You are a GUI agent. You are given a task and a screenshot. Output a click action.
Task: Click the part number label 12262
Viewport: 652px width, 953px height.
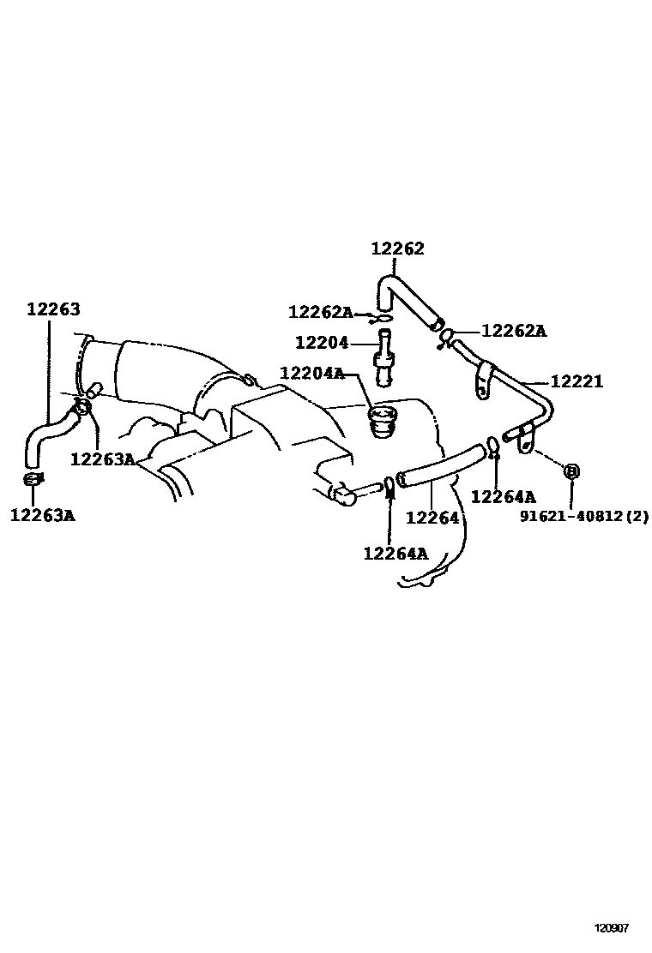397,249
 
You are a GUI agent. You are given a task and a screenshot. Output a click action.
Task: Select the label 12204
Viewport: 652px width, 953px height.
322,343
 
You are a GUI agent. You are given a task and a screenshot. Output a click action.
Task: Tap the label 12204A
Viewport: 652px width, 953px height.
311,374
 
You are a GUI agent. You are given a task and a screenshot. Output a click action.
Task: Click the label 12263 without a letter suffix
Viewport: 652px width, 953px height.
53,309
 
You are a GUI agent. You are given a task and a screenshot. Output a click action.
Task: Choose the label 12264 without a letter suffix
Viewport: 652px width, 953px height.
432,518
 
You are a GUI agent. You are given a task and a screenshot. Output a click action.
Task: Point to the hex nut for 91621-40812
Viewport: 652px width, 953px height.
572,471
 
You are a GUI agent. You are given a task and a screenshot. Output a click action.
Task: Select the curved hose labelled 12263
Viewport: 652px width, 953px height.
47,433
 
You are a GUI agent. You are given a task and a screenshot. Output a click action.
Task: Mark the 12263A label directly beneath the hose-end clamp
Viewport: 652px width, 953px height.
42,515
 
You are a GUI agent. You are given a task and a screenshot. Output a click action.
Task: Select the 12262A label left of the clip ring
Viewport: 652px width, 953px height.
321,312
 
